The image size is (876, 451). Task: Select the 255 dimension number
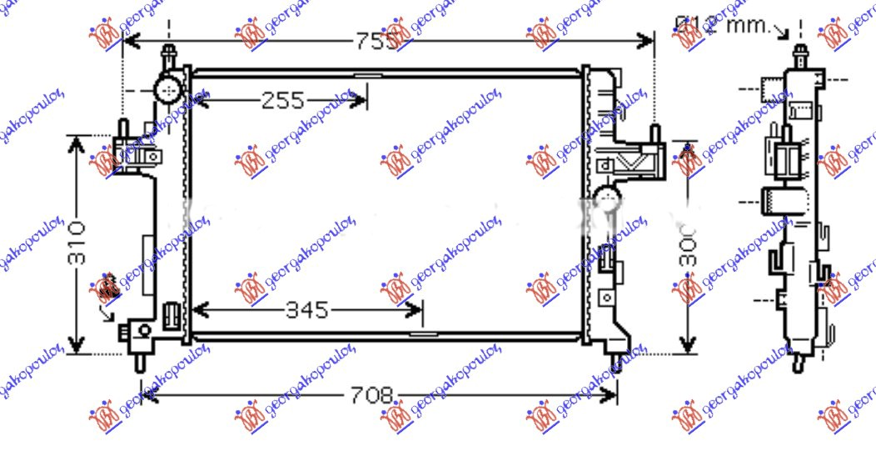coord(283,101)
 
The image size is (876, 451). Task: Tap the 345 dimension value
coord(307,311)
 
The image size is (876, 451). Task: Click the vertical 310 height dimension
coord(77,243)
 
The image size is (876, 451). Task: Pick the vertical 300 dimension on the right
coord(687,245)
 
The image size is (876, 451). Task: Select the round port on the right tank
coord(607,198)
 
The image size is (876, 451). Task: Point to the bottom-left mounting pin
coord(139,363)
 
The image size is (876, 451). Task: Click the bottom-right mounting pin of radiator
coord(617,362)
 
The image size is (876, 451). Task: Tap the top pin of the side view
coord(799,57)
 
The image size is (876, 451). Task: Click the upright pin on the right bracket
coord(655,133)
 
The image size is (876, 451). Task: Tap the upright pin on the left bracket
coord(122,130)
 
